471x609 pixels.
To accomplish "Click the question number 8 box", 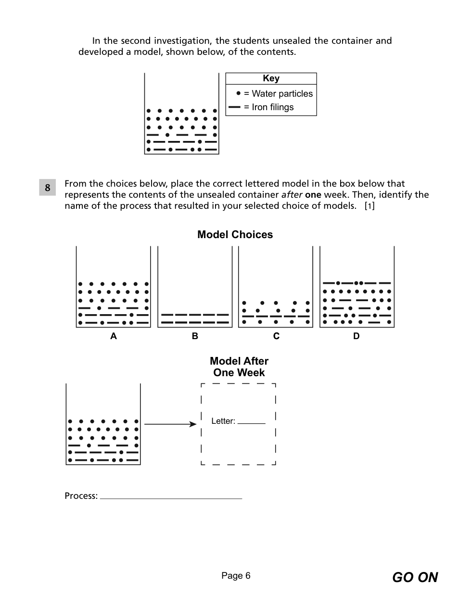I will (x=47, y=188).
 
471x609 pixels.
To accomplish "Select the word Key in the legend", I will (x=271, y=78).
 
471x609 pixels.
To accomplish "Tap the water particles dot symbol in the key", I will (x=238, y=93).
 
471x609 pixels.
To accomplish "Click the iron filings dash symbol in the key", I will (x=234, y=107).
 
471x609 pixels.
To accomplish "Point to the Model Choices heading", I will (x=235, y=235).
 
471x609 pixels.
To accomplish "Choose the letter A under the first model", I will (x=114, y=336).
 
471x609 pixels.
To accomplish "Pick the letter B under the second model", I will (x=195, y=336).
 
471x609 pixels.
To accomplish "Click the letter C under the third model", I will (x=276, y=336).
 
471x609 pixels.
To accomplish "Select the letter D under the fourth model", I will (x=356, y=336).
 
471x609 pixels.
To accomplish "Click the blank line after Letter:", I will (x=251, y=422).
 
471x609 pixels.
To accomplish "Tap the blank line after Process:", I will (x=171, y=497).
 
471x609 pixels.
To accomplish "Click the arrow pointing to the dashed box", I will (x=170, y=424).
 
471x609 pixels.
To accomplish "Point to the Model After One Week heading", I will (x=239, y=367).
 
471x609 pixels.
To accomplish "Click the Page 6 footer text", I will (x=236, y=576).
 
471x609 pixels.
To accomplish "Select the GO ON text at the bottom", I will (x=415, y=577).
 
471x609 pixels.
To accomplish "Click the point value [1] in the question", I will (x=369, y=206).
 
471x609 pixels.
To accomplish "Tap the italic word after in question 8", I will (x=292, y=195).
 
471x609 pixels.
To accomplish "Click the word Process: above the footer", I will (x=81, y=496).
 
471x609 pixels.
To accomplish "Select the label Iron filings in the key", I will (x=272, y=107).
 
